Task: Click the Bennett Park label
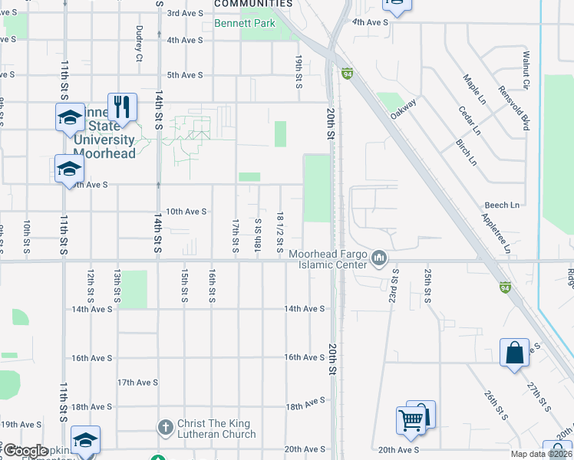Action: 245,24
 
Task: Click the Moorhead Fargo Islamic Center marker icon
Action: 378,258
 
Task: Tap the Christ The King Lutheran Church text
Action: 216,429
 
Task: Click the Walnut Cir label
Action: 526,70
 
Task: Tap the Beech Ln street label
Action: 502,205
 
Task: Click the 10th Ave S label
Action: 186,212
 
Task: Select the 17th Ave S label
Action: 137,383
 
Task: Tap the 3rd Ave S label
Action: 185,13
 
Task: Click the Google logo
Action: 25,451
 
